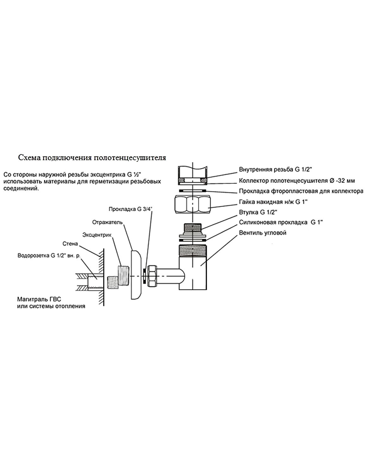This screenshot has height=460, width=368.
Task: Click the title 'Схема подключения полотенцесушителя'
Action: (92, 157)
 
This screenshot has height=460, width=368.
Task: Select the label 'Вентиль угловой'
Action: (263, 233)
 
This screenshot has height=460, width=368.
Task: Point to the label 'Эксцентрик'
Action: (95, 235)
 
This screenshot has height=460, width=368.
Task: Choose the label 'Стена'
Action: (70, 244)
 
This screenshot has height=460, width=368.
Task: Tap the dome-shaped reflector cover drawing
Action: (137, 274)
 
